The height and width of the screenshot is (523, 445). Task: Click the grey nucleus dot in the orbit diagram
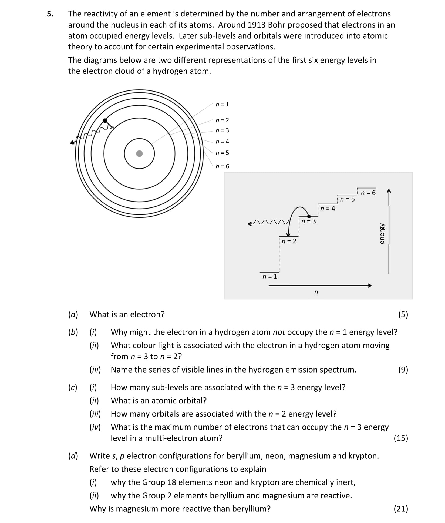139,153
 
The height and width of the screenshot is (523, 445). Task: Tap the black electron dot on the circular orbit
105,120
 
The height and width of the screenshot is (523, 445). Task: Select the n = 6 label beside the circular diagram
222,166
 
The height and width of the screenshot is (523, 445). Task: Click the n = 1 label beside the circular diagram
222,105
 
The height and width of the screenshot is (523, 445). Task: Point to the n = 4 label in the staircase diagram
328,209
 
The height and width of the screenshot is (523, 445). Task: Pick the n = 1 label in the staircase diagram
270,277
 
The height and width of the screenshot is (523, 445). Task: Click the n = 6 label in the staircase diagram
368,193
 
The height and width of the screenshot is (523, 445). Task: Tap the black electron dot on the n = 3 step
309,216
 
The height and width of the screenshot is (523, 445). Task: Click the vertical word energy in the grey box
382,234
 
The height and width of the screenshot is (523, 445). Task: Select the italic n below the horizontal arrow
316,292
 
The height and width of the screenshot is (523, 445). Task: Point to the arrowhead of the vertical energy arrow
389,191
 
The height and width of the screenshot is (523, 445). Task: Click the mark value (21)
401,509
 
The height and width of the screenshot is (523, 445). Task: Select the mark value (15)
401,438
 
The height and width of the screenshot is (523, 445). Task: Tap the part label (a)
73,314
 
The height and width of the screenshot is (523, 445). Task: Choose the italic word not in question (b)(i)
279,332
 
